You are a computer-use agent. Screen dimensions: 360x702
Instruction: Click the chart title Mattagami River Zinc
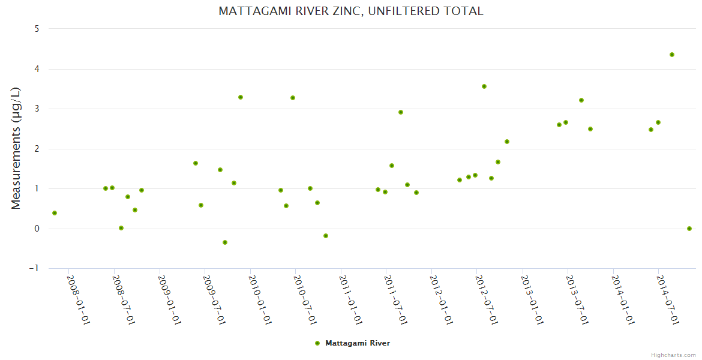click(351, 11)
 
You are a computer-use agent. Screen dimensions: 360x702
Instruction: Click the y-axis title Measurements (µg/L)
click(16, 148)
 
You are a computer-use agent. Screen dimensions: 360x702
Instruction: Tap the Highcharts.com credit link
click(673, 355)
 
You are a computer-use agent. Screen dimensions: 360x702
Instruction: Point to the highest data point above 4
click(672, 55)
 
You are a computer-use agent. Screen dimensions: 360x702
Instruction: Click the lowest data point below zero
click(225, 242)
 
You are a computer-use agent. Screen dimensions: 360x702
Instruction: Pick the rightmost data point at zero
click(689, 229)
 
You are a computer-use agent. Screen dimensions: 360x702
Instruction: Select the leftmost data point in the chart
click(55, 213)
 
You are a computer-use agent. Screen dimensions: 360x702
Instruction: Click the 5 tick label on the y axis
click(37, 29)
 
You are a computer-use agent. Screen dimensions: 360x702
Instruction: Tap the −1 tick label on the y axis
click(34, 269)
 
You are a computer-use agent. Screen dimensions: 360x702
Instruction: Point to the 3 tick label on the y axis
click(37, 109)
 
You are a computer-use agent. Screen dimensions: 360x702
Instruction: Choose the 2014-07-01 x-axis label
click(667, 299)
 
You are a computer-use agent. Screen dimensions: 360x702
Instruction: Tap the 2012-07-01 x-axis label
click(486, 299)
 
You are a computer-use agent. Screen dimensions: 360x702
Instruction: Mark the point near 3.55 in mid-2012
click(484, 86)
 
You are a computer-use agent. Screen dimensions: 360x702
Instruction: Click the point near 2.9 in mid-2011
click(401, 112)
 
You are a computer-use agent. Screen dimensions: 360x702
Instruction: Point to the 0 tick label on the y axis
click(37, 229)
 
